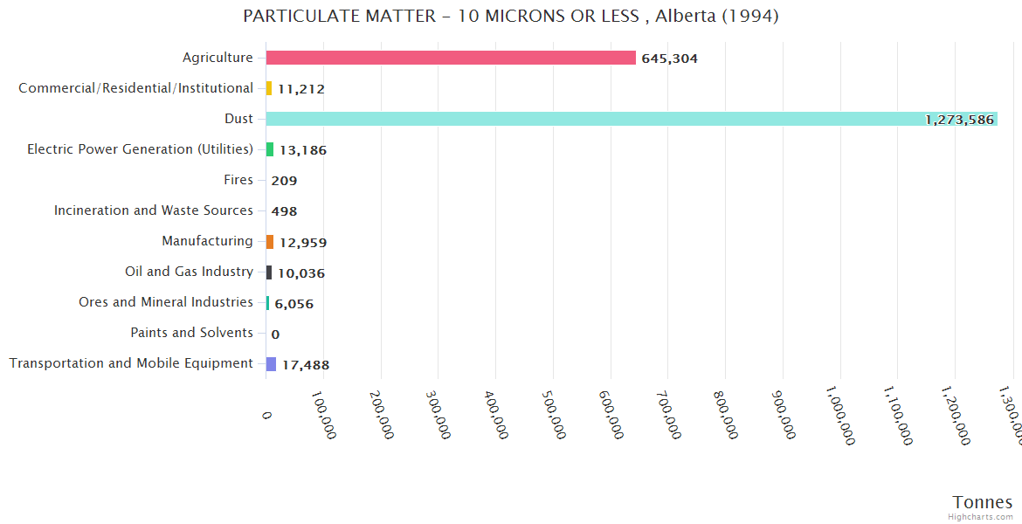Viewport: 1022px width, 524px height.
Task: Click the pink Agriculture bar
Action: pyautogui.click(x=451, y=58)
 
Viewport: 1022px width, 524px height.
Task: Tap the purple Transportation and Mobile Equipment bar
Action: pyautogui.click(x=271, y=364)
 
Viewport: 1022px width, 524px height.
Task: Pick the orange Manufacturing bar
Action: pyautogui.click(x=270, y=242)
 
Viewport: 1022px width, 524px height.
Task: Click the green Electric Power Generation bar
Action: pyautogui.click(x=270, y=149)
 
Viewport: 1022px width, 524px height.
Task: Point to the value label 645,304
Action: pyautogui.click(x=669, y=59)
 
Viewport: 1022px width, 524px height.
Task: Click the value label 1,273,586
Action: pyautogui.click(x=959, y=120)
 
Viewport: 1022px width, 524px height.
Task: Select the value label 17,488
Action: pyautogui.click(x=305, y=365)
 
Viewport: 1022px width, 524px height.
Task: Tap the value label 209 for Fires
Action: pyautogui.click(x=284, y=181)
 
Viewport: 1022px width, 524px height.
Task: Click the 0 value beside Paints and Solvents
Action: pyautogui.click(x=275, y=334)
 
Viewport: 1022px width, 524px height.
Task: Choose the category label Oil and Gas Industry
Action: pyautogui.click(x=189, y=272)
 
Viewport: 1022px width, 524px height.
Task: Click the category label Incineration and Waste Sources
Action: pyautogui.click(x=154, y=210)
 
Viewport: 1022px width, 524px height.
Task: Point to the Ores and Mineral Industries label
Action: pyautogui.click(x=166, y=302)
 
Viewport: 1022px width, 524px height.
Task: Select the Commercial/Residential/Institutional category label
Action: pyautogui.click(x=136, y=88)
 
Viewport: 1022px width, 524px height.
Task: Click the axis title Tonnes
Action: pyautogui.click(x=983, y=502)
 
